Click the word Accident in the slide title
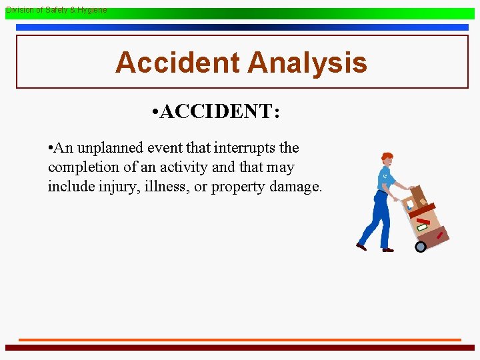coord(177,63)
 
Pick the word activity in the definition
coord(175,167)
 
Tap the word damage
coord(295,187)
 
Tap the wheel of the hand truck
coord(420,247)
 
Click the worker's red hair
coord(386,157)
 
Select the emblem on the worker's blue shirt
coord(385,176)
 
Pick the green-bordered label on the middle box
coord(422,227)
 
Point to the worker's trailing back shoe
coord(361,246)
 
